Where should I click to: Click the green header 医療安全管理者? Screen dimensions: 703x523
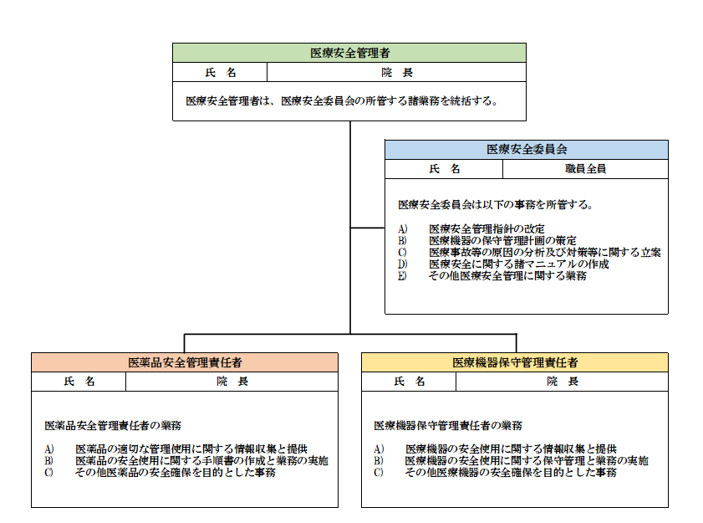click(349, 53)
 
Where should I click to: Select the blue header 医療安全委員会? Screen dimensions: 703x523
click(527, 150)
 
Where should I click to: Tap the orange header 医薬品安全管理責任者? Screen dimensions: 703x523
click(185, 362)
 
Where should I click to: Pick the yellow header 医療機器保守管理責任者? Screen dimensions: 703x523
click(515, 362)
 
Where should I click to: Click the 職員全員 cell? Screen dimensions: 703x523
click(585, 169)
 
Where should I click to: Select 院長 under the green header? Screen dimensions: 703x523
click(397, 72)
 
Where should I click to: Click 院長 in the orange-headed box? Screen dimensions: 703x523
click(232, 381)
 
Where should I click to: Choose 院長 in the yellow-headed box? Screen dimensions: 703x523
click(563, 381)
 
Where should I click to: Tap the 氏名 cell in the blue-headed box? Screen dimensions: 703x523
click(445, 169)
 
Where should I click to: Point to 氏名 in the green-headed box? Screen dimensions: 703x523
click(220, 72)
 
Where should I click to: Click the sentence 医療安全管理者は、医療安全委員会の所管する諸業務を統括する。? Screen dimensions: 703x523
click(342, 101)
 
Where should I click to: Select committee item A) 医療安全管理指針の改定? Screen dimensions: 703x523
click(471, 228)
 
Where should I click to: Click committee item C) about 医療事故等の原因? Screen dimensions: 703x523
click(529, 253)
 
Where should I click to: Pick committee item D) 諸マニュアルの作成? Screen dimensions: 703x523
click(503, 264)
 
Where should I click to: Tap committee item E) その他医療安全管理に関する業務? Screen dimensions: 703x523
click(492, 275)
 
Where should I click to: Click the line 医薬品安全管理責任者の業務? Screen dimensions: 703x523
click(113, 425)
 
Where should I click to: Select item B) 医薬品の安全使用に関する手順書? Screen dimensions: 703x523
click(186, 460)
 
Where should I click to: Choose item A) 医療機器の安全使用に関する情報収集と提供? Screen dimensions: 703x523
click(496, 449)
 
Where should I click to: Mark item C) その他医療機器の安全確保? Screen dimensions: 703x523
click(496, 472)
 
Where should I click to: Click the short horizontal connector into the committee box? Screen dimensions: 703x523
click(368, 228)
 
